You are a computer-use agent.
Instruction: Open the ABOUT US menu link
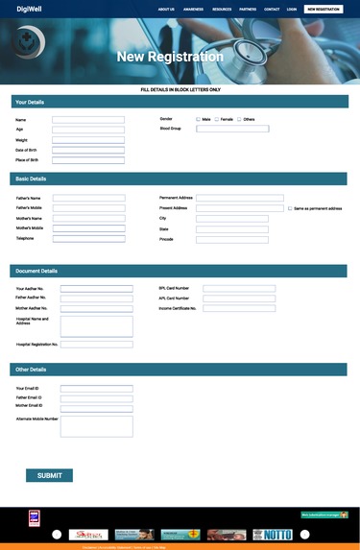166,9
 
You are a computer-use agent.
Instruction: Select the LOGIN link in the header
292,9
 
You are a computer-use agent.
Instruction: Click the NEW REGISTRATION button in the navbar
324,9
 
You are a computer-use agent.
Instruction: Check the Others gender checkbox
239,119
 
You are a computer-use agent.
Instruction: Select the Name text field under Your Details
88,120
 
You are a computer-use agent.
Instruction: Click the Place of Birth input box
88,160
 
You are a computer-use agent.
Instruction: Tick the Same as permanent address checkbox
290,208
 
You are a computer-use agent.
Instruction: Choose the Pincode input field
232,240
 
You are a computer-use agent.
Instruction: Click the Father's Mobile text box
88,208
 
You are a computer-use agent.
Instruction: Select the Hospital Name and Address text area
96,325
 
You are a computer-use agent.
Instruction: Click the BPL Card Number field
239,288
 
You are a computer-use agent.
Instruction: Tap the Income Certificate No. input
239,309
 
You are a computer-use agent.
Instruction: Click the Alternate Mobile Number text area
96,426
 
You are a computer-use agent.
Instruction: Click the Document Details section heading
36,271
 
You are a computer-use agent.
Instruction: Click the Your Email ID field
96,389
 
